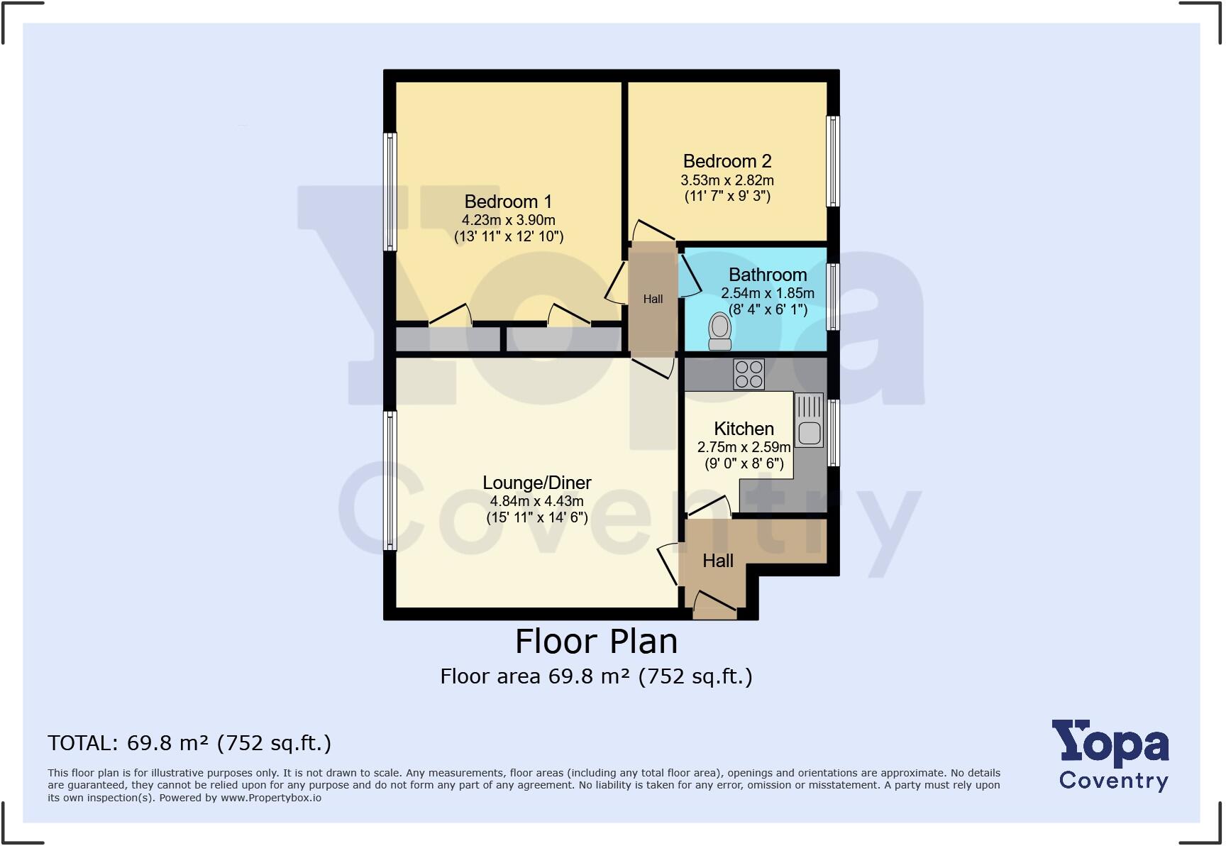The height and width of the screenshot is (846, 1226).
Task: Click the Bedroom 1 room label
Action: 508,202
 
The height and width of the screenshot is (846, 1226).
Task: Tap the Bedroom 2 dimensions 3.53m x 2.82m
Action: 727,180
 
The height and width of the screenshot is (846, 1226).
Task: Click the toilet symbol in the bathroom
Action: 720,330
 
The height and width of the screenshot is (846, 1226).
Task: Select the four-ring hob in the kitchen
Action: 749,374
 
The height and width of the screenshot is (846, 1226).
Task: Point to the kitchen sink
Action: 809,431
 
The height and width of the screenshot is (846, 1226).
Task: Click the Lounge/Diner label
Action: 537,483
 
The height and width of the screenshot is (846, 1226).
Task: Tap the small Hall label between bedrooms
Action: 653,300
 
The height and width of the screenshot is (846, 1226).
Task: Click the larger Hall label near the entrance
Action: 717,561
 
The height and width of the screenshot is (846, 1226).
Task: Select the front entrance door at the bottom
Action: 714,604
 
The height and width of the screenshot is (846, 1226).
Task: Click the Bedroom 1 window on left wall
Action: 390,192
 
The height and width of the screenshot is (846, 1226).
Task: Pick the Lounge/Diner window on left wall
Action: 390,480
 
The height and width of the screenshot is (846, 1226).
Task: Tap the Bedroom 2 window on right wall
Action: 834,161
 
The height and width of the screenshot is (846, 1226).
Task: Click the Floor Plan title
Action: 596,642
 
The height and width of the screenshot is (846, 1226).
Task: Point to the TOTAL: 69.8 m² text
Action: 189,743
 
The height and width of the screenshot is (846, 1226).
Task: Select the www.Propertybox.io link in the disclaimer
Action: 270,798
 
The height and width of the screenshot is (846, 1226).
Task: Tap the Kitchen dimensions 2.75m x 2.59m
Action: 744,447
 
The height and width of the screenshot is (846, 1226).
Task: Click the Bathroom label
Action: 768,275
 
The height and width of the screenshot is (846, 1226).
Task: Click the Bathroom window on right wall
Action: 834,297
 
